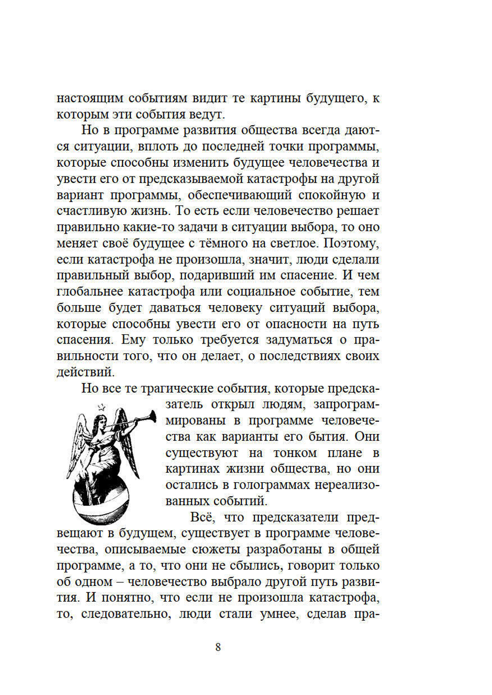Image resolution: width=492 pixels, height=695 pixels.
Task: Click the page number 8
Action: (218, 647)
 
